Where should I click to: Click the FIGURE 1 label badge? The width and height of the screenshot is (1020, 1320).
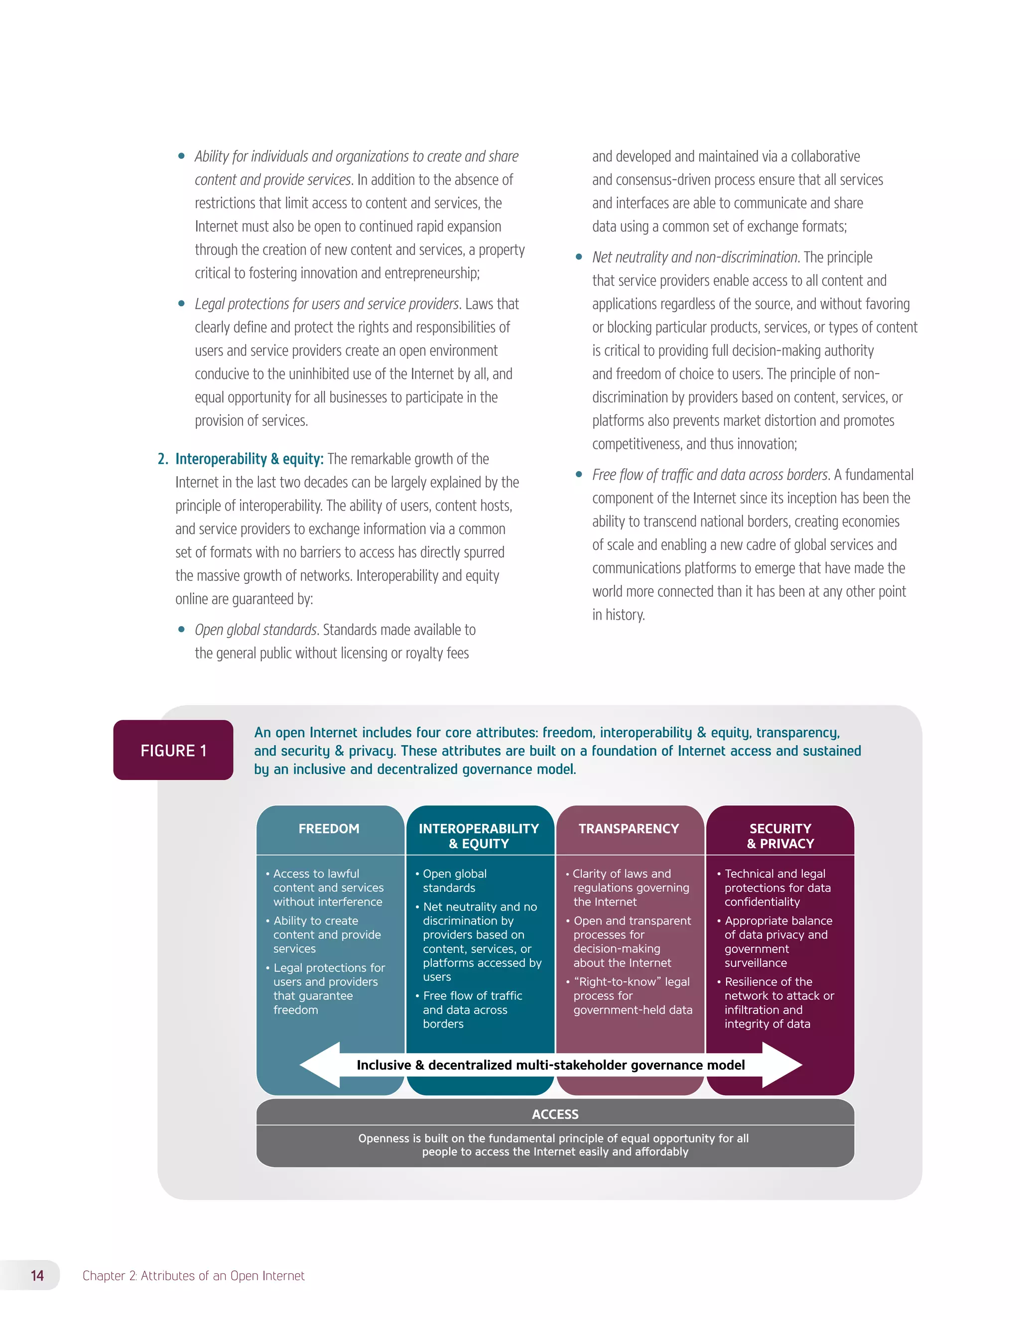173,750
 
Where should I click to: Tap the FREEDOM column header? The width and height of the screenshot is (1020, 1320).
329,829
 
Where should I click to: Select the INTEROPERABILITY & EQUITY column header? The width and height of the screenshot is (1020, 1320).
479,836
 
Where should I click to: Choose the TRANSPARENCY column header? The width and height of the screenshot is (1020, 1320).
629,829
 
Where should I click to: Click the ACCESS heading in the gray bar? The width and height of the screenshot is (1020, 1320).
555,1114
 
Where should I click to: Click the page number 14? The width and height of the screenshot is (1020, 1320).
37,1275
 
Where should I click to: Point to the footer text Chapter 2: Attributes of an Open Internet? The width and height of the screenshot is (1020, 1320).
193,1275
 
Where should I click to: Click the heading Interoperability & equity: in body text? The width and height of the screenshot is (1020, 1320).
249,459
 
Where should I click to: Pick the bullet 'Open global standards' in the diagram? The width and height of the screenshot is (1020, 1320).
454,881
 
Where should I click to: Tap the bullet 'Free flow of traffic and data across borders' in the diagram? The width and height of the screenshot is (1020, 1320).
472,1009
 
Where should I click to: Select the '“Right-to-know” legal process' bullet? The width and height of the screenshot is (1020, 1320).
632,995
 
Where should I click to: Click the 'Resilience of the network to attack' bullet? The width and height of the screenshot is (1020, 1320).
779,1002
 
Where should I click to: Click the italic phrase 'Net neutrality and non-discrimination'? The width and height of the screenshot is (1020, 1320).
695,257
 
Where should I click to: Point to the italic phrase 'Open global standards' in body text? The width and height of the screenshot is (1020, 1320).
255,630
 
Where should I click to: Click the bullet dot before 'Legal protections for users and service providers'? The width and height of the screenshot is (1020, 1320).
181,303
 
